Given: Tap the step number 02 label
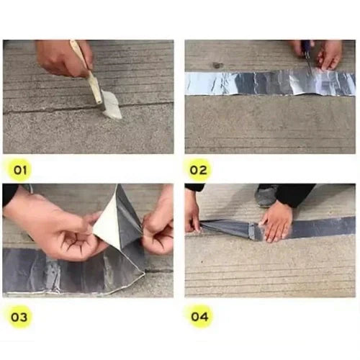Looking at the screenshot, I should pos(199,171).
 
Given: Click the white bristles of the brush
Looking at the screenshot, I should pos(112,106).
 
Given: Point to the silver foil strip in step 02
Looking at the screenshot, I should pos(245,83).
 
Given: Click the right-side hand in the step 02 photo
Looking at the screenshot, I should pos(330,53).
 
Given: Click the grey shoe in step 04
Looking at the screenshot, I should pos(267,197).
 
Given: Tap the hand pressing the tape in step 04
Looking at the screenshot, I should pos(277,220).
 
